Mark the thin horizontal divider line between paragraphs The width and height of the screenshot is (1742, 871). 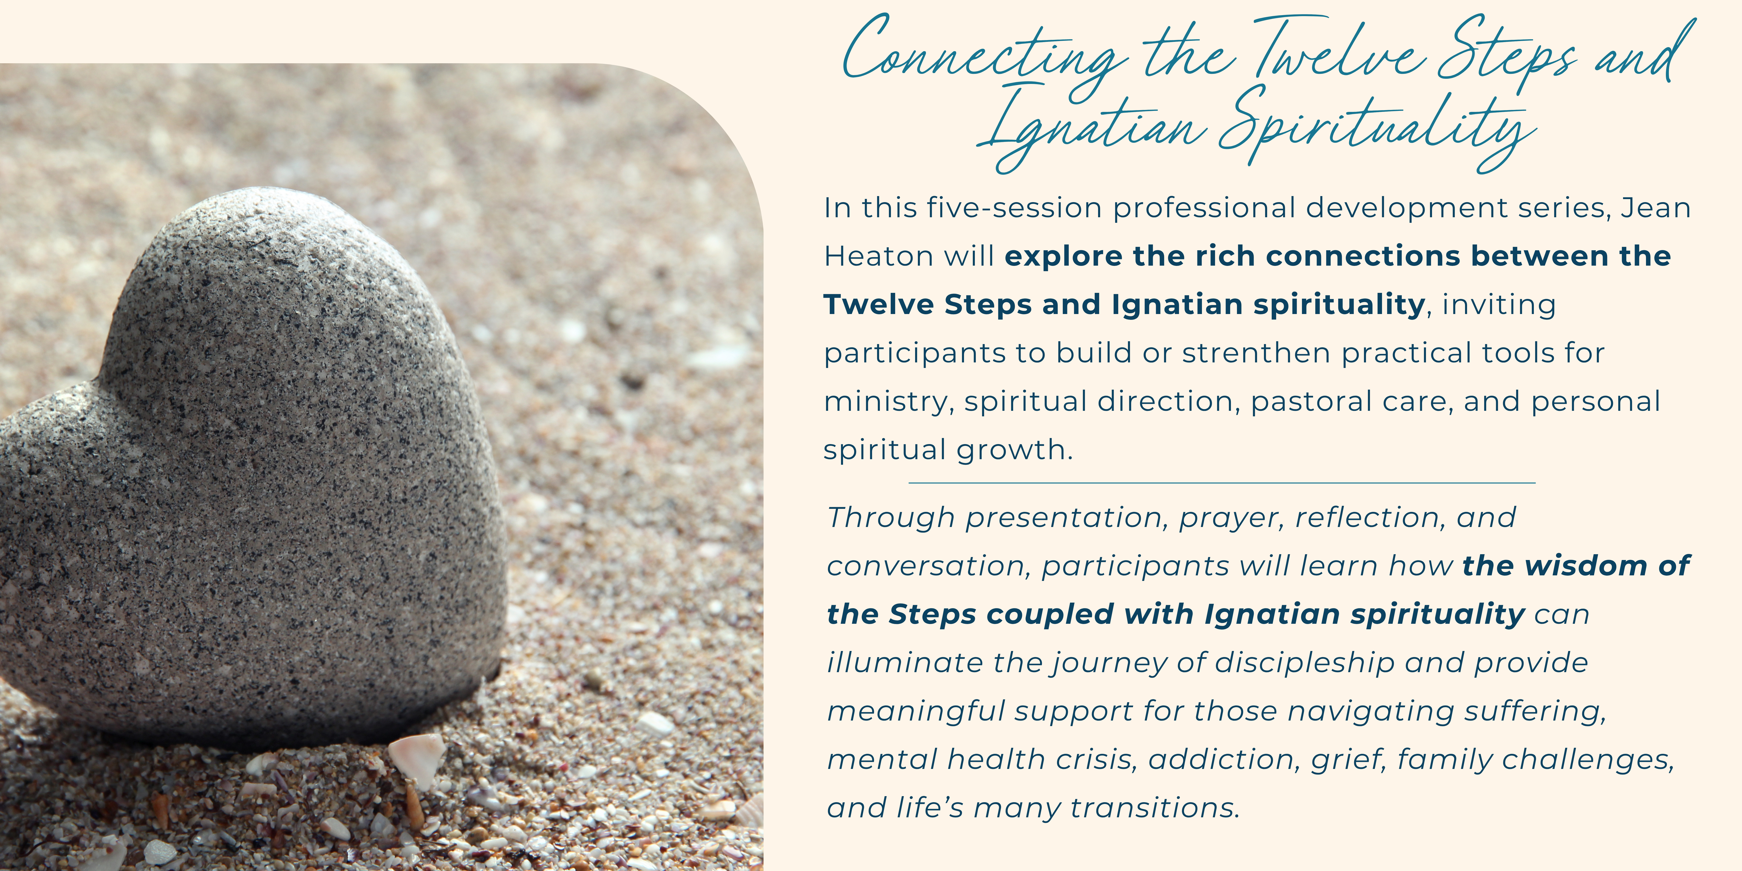(x=1222, y=483)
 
